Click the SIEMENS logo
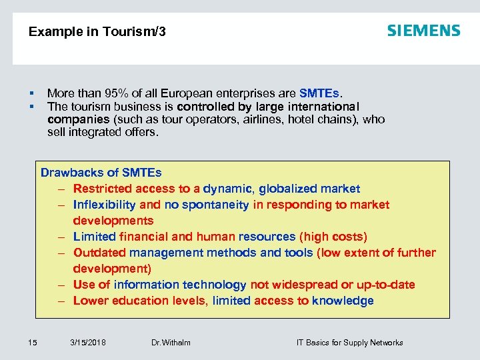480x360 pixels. (x=423, y=31)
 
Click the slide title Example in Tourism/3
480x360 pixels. (x=97, y=31)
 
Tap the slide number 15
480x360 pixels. (x=33, y=343)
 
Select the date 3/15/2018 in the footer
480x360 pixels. (x=87, y=343)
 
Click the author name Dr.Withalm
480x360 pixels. (x=171, y=343)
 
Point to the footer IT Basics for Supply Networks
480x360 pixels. (x=349, y=343)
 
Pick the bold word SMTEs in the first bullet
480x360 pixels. (x=319, y=94)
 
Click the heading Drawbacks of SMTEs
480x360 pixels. (x=101, y=173)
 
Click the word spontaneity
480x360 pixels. (x=216, y=205)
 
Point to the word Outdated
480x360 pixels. (x=99, y=253)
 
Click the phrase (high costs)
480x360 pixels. (x=333, y=237)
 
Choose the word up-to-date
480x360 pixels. (x=385, y=285)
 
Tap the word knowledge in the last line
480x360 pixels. (x=343, y=301)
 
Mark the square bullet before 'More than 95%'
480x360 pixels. (x=31, y=94)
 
